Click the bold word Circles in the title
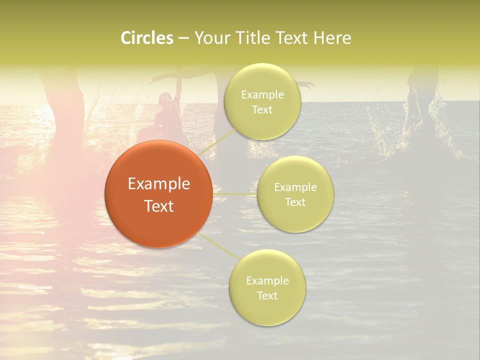pos(147,38)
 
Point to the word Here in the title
pos(332,38)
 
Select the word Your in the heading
pos(212,38)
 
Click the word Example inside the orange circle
pos(159,184)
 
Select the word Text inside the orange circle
pos(159,206)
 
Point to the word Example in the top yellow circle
pos(262,95)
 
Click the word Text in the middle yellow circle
pos(295,202)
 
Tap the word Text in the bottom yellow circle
pos(267,295)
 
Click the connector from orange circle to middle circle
pos(235,194)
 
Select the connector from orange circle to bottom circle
pos(219,247)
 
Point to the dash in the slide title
pos(183,38)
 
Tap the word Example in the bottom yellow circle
pos(267,280)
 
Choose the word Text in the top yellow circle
pos(262,110)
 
